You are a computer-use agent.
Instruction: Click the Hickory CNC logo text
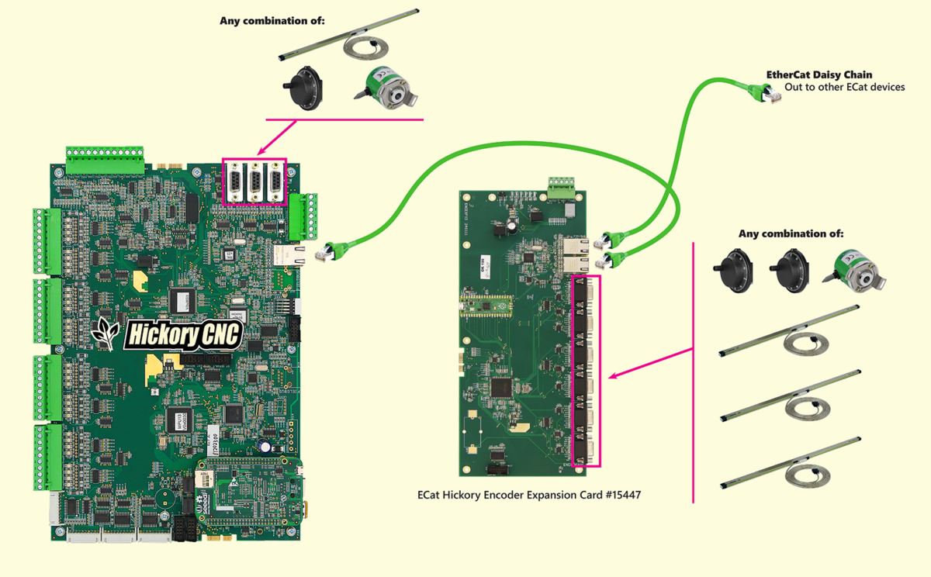point(184,335)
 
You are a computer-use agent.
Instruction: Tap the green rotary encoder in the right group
point(857,271)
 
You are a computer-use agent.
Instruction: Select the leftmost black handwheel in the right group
point(732,269)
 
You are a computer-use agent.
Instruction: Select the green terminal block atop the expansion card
point(561,187)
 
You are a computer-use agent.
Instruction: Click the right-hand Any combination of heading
point(791,233)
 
